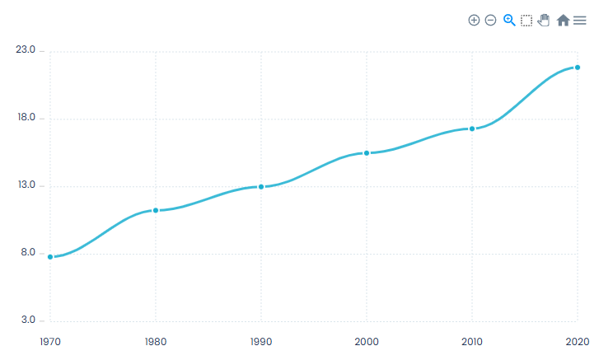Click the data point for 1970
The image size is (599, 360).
50,257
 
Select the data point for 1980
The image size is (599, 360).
156,211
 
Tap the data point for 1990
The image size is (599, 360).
261,187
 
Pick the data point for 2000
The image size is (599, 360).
367,153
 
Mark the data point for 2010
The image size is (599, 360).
472,129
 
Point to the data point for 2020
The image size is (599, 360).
578,68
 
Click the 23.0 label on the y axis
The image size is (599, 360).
26,50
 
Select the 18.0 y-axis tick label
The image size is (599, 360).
26,118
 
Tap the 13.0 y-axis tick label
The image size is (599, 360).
26,185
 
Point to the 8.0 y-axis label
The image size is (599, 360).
27,253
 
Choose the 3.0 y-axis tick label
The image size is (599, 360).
27,320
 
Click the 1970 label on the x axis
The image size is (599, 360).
50,340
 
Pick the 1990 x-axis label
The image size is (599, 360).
261,340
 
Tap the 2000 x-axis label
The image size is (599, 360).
367,340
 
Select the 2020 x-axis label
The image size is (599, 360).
577,340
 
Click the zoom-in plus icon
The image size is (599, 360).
474,20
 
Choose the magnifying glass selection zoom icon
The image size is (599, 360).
509,20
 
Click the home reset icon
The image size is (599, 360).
563,20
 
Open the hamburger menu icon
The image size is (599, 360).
580,20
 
